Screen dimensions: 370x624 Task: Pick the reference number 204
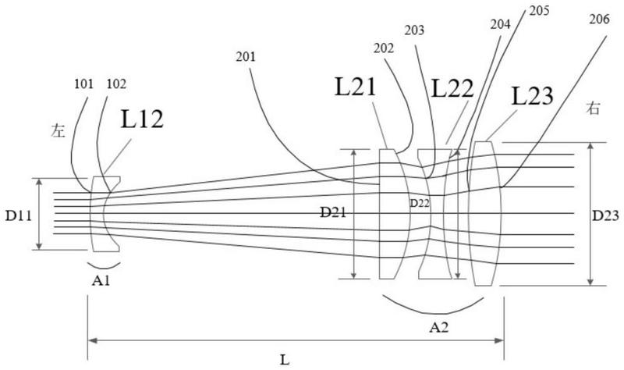point(500,24)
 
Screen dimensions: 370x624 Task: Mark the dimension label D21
point(336,212)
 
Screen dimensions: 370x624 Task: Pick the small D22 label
point(420,203)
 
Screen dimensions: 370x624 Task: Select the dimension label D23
point(608,214)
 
